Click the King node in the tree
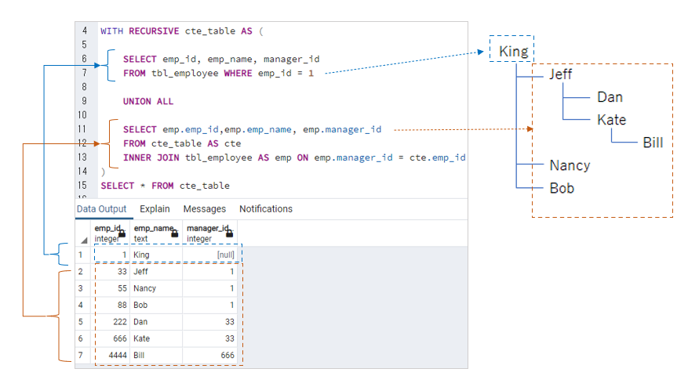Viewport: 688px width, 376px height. click(x=512, y=52)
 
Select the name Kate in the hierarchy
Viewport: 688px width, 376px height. click(x=611, y=120)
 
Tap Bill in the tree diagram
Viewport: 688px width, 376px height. click(x=653, y=143)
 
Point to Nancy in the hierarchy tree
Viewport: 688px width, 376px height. click(x=570, y=165)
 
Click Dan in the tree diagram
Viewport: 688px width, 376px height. click(x=610, y=97)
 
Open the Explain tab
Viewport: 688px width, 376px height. click(x=155, y=209)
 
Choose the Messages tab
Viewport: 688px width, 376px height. click(x=204, y=209)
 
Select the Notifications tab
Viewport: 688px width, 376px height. click(x=265, y=209)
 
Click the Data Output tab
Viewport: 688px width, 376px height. click(x=101, y=209)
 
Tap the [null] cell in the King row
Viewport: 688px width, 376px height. click(x=224, y=255)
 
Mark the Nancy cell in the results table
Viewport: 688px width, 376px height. click(x=144, y=288)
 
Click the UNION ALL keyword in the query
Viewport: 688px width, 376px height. click(x=147, y=101)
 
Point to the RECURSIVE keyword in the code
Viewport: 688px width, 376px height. click(x=153, y=31)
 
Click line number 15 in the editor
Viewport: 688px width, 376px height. click(x=83, y=186)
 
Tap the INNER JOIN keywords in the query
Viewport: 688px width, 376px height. click(x=152, y=157)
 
